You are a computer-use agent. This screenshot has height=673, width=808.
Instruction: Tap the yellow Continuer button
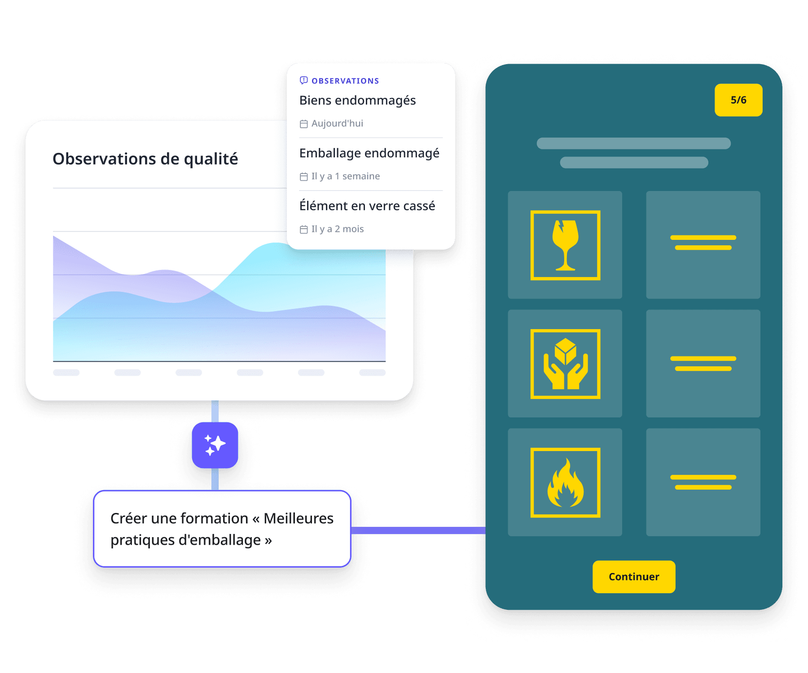coord(633,577)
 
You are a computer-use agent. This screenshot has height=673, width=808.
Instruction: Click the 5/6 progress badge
coord(738,100)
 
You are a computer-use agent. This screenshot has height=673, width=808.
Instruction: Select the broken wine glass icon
coord(565,245)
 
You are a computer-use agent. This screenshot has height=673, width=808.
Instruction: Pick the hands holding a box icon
coord(565,364)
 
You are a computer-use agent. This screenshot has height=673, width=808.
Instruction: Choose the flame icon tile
coord(565,482)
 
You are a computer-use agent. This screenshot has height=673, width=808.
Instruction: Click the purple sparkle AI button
coord(215,445)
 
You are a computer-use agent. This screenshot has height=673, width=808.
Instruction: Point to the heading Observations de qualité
coord(145,159)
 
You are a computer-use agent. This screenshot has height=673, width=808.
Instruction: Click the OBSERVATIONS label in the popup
coord(345,81)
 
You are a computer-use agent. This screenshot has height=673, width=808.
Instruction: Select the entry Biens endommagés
coord(357,100)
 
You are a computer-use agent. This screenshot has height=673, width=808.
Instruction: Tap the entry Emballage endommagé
coord(369,153)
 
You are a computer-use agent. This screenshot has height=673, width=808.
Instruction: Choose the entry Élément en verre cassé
coord(367,206)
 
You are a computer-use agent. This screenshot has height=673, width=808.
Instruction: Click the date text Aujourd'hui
coord(337,123)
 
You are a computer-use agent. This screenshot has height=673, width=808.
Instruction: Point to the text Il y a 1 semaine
coord(345,176)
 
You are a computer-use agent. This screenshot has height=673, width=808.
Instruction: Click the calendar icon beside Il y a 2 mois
coord(304,230)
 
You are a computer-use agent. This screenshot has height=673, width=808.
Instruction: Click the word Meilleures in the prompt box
coord(298,518)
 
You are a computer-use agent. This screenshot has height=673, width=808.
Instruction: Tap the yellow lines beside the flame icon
coord(703,482)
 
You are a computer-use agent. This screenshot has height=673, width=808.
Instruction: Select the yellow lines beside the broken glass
coord(703,243)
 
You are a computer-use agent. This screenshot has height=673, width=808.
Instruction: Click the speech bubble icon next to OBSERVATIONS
coord(304,80)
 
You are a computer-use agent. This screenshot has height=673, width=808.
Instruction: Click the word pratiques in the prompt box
coord(142,540)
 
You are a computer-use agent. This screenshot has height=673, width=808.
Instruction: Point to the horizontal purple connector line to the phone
coord(417,531)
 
